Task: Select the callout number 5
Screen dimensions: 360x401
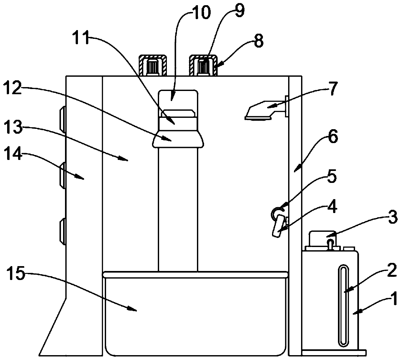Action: [331, 177]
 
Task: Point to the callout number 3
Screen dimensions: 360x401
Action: [393, 218]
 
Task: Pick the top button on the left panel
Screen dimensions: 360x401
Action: [62, 120]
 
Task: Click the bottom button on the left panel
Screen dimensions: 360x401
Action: [62, 231]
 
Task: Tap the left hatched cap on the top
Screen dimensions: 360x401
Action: [153, 64]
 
